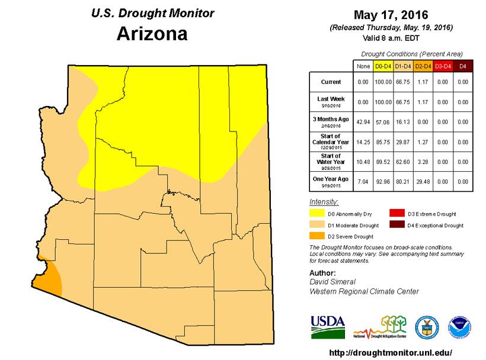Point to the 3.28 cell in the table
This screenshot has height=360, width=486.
coord(423,161)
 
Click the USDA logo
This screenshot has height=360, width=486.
coord(327,324)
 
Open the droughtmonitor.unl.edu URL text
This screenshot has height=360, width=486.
coord(389,352)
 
